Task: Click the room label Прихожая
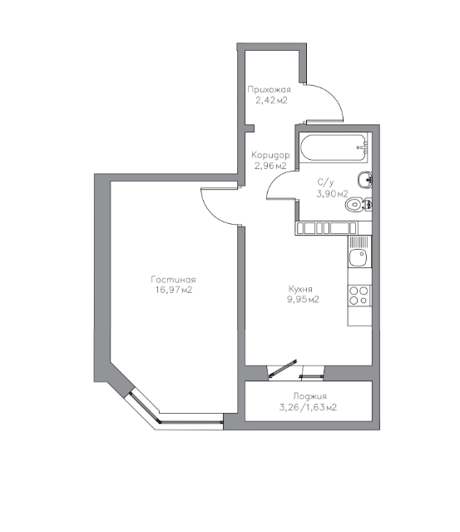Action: (x=269, y=90)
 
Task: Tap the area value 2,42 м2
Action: (x=271, y=101)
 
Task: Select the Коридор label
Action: (x=270, y=156)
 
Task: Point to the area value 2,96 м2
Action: (x=270, y=166)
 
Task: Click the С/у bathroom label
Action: (x=325, y=182)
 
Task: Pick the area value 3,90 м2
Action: (x=332, y=194)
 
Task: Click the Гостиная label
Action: (x=173, y=280)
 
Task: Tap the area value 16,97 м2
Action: (x=174, y=290)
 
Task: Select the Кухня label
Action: (x=300, y=289)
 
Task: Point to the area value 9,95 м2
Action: (x=303, y=300)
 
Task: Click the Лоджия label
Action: (x=309, y=396)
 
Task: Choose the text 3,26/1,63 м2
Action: (x=308, y=407)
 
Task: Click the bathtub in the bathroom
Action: (x=334, y=148)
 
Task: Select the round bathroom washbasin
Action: (x=364, y=180)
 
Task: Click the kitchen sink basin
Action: (x=358, y=258)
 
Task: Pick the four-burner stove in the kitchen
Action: (x=359, y=296)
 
